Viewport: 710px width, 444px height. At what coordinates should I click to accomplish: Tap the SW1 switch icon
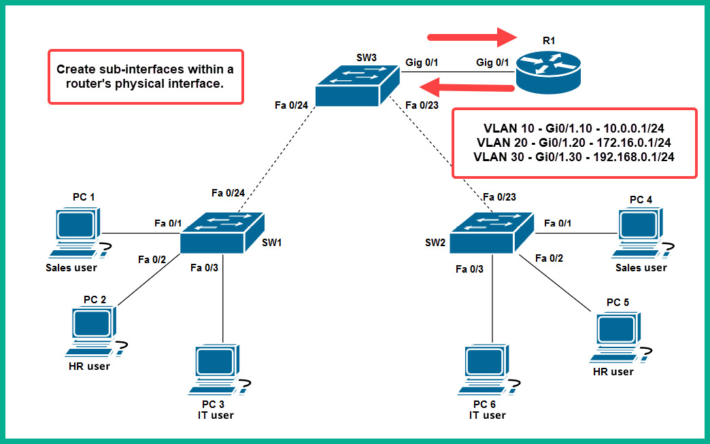pos(222,232)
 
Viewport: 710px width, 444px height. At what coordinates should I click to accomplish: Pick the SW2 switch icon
pos(492,232)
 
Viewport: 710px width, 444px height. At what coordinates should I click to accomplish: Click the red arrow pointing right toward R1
pos(469,37)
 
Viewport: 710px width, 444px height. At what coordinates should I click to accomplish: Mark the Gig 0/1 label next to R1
pos(493,63)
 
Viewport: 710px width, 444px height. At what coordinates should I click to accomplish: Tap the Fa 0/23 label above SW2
pos(498,197)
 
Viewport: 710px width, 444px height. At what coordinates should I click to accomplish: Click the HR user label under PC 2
pos(89,366)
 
